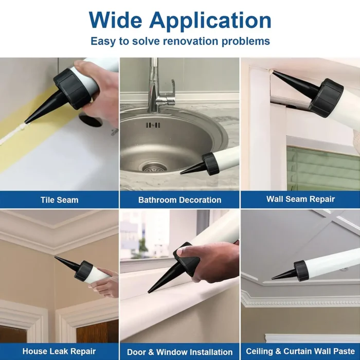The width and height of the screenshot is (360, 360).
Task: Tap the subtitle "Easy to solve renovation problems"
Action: tap(180, 41)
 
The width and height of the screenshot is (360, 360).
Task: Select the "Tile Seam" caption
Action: tap(60, 200)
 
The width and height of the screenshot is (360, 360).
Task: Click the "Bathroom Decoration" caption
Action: tap(180, 200)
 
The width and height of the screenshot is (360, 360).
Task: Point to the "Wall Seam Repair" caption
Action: tap(300, 199)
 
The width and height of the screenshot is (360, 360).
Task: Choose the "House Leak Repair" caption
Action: tap(59, 351)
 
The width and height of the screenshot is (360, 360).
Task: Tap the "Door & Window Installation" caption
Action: tap(180, 352)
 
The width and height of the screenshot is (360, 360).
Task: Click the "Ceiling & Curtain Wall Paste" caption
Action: tap(300, 351)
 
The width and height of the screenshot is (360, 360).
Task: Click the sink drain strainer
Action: tap(152, 168)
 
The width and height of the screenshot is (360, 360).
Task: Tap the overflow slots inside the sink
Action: tap(153, 125)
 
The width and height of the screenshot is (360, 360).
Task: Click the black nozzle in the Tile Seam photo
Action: tap(44, 106)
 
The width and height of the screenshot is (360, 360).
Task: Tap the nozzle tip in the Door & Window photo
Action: tap(149, 292)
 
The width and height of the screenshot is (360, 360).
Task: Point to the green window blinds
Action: tap(323, 169)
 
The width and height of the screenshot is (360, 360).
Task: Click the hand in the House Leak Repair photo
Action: tap(104, 284)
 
